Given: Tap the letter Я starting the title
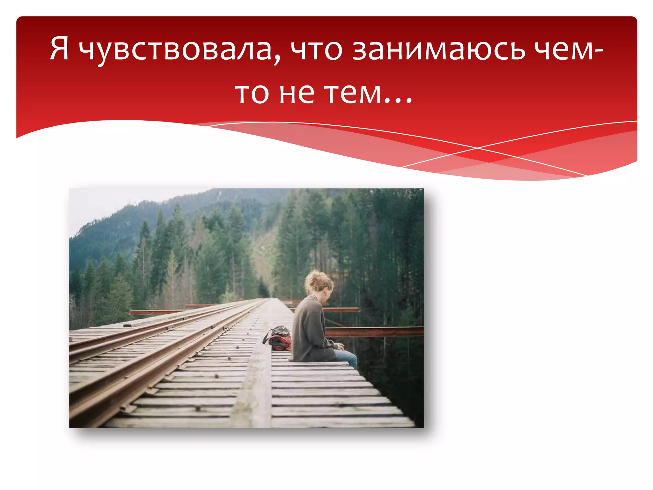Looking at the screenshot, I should [x=60, y=48].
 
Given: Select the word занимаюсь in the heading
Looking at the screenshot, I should [x=438, y=49].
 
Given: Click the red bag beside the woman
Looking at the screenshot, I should [x=279, y=339].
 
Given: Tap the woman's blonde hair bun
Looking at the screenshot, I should [x=316, y=281].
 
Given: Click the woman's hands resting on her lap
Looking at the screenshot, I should [x=340, y=346].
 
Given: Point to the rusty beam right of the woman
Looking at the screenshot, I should [x=376, y=332].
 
